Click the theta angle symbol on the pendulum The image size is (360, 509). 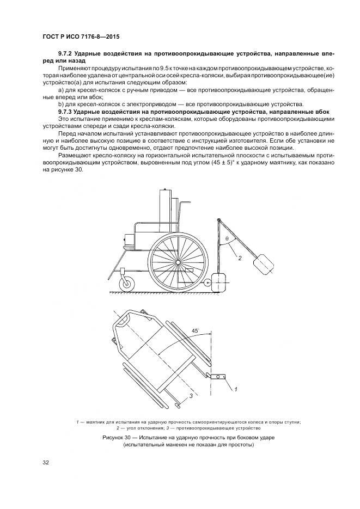click(x=227, y=238)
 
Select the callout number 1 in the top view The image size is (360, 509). click(x=236, y=390)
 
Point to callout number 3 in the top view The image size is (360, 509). click(x=190, y=396)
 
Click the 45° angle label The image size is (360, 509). click(x=194, y=330)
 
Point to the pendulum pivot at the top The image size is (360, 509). click(x=218, y=220)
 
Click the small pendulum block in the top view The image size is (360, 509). click(x=220, y=376)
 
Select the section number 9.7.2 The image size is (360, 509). click(x=67, y=53)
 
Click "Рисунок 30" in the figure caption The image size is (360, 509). click(x=120, y=437)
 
